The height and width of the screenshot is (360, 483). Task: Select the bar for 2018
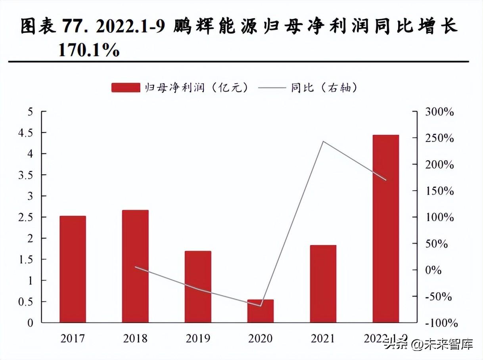[x=135, y=266]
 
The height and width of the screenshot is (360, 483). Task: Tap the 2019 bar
[x=198, y=287]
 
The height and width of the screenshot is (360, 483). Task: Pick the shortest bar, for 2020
[x=261, y=311]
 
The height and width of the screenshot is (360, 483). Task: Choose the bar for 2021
[x=323, y=283]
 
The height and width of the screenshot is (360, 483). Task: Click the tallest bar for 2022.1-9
[x=386, y=229]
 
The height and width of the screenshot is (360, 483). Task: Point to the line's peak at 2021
[x=323, y=141]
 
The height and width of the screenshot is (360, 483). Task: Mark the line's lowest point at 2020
[x=261, y=306]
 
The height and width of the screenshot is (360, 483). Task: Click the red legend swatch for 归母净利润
[x=126, y=88]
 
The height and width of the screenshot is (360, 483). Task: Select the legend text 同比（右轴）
[x=324, y=88]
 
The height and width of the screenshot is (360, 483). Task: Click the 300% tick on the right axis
[x=439, y=112]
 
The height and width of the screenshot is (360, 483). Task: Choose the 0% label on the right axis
[x=433, y=270]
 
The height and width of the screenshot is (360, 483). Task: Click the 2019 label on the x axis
[x=198, y=338]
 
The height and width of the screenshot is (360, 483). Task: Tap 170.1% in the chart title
[x=89, y=50]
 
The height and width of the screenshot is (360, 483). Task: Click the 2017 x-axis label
[x=73, y=338]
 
